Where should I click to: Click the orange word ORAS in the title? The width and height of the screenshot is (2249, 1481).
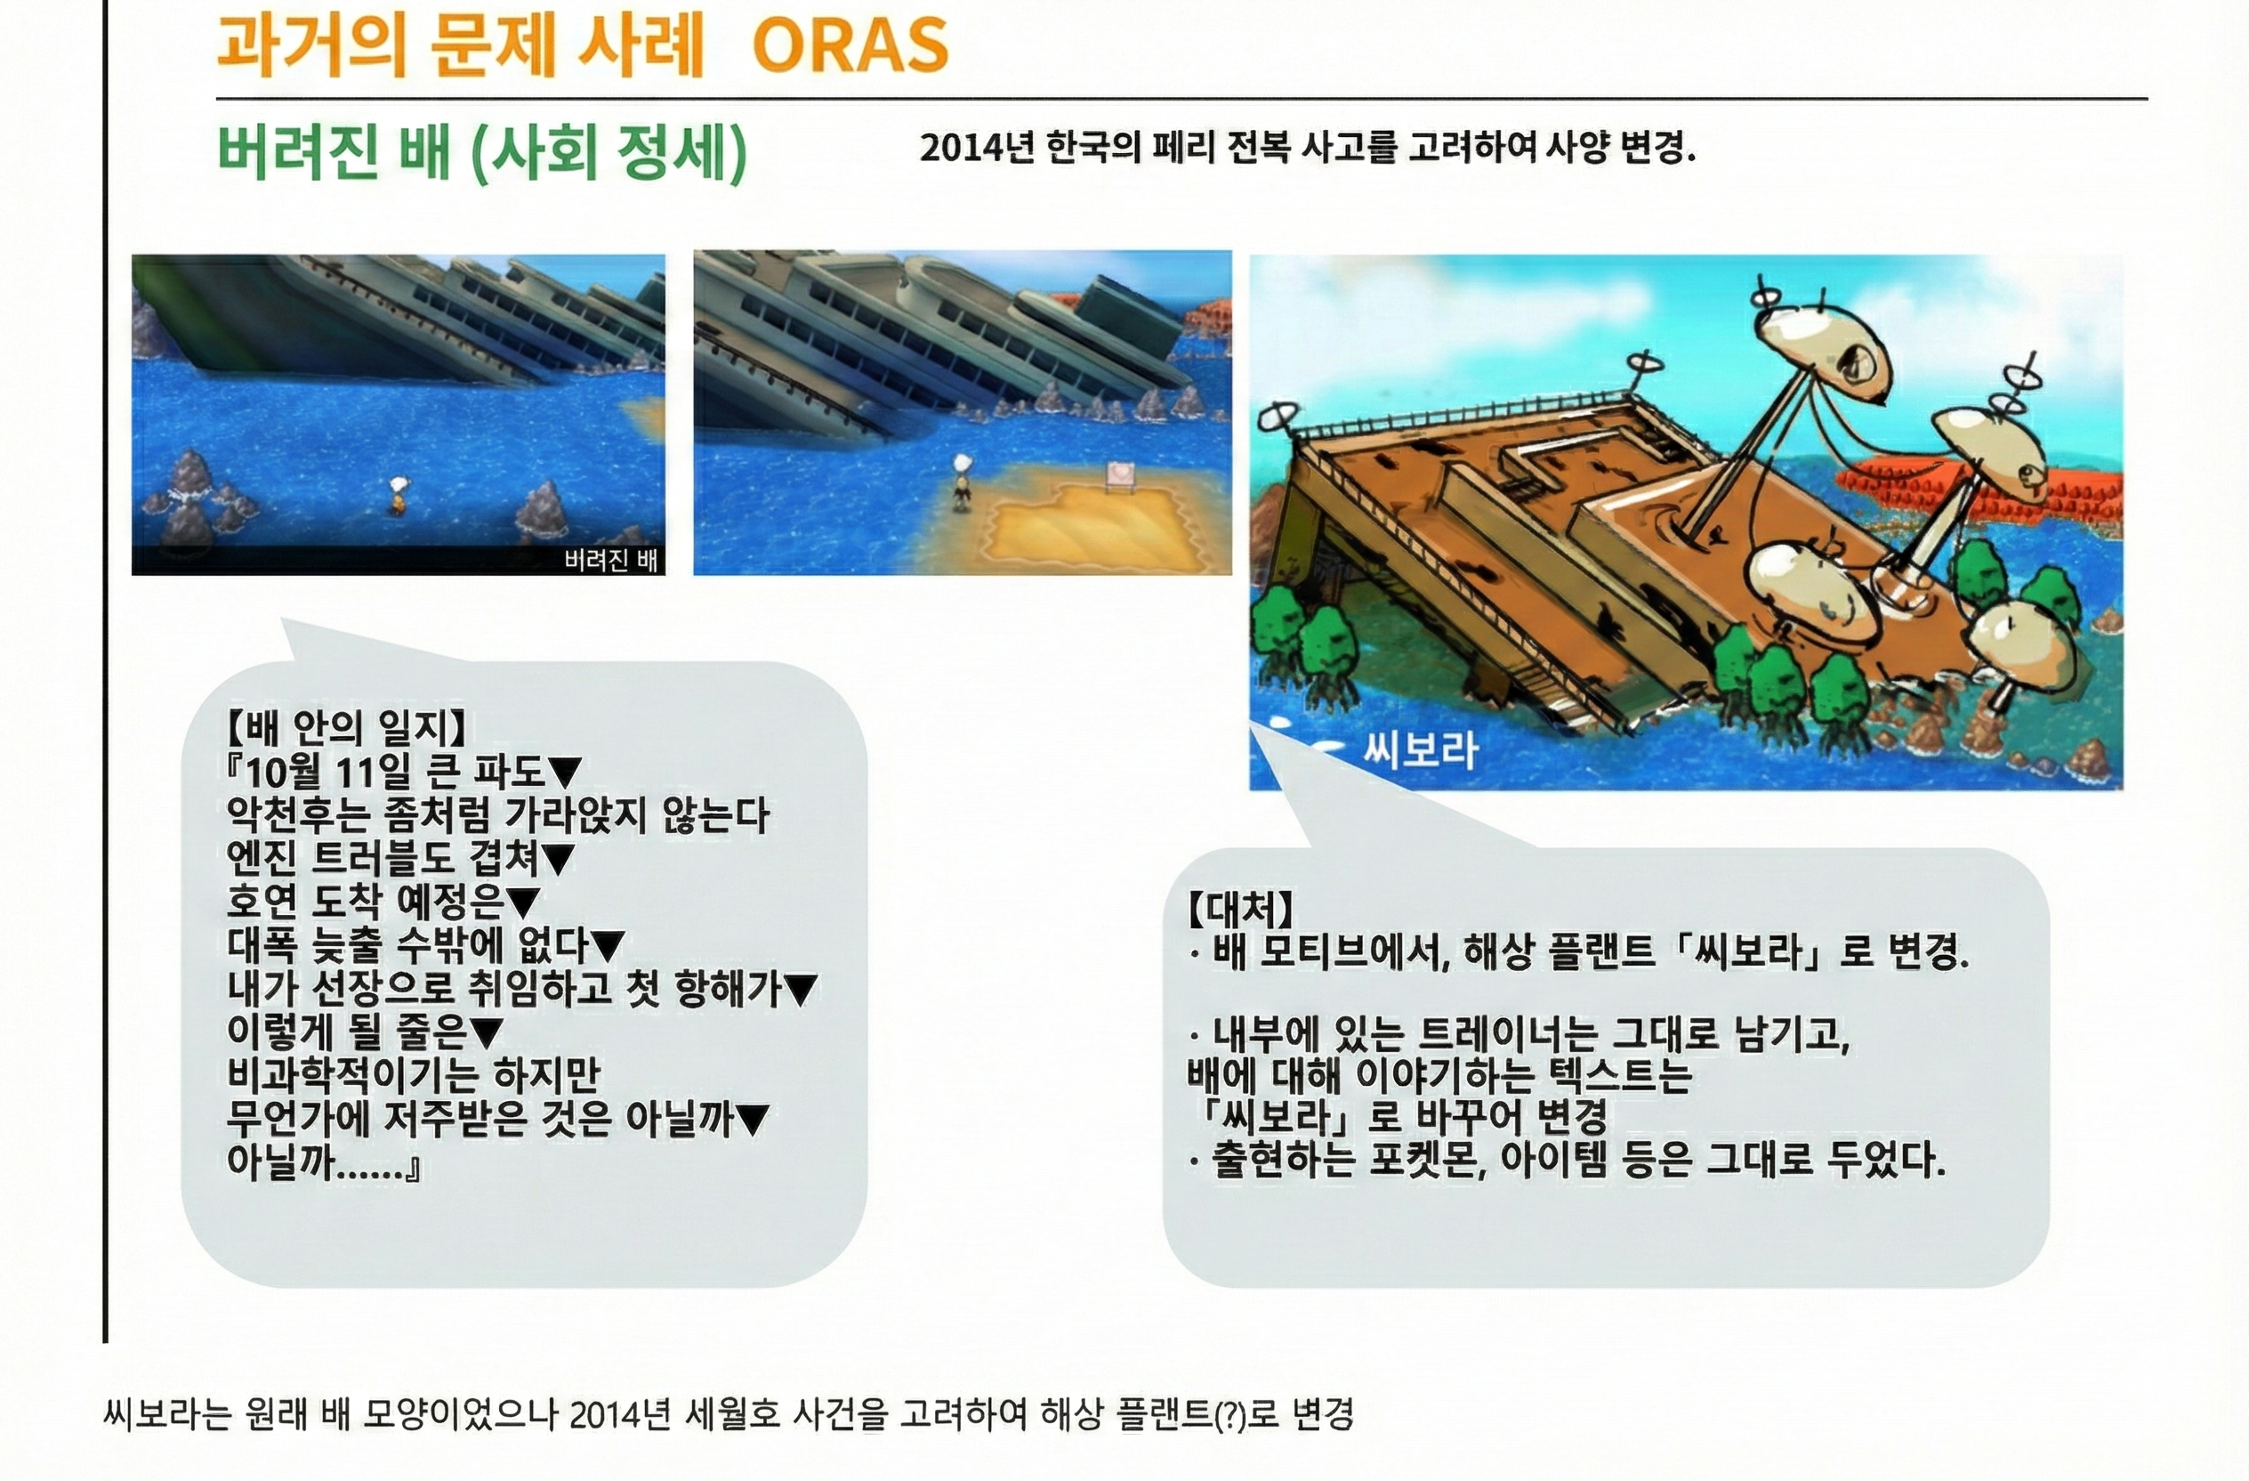click(x=850, y=45)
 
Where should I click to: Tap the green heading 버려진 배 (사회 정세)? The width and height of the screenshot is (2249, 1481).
click(x=482, y=151)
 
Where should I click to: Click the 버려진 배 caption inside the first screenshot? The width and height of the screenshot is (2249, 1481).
click(x=610, y=561)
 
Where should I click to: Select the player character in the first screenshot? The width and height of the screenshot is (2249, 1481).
click(x=399, y=495)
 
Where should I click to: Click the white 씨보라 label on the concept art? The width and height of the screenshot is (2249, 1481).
click(x=1420, y=750)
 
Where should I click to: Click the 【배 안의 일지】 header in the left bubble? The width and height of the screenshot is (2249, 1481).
click(x=346, y=728)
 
